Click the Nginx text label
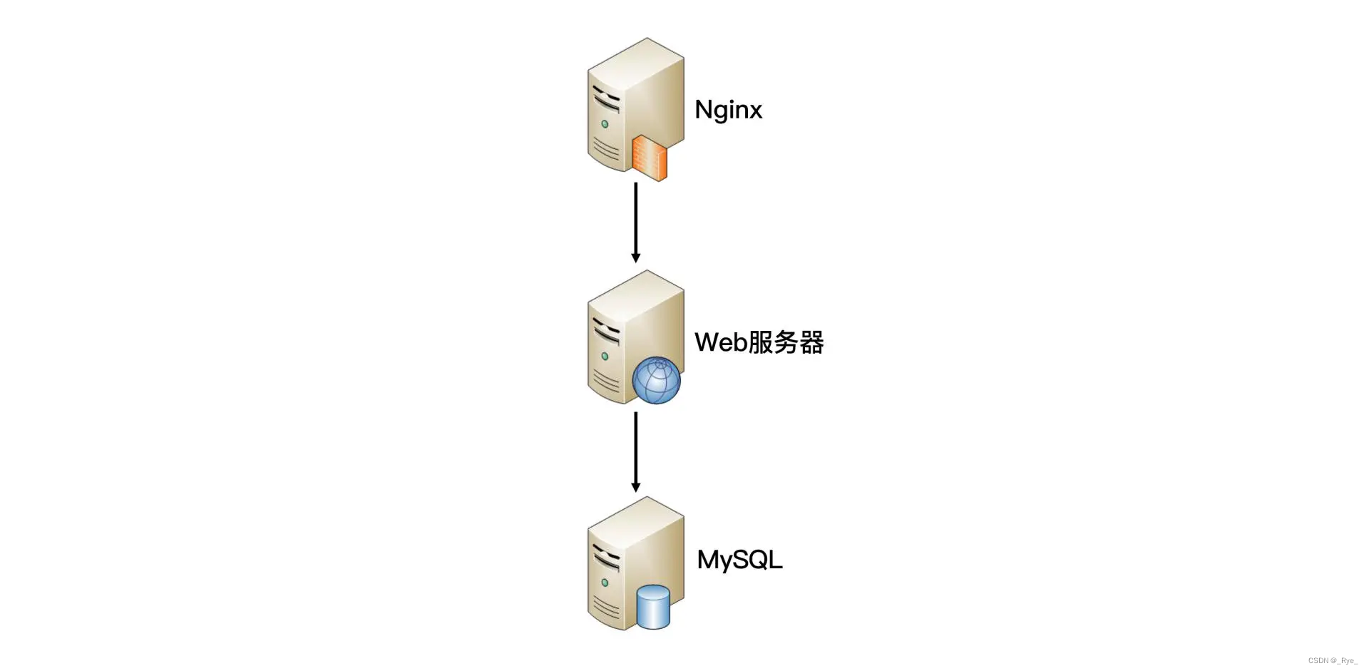pos(728,110)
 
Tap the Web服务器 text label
pos(759,342)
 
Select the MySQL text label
pos(739,560)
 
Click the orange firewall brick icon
pos(649,157)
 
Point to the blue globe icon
pos(656,380)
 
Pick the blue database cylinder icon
pos(653,607)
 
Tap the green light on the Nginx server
pos(605,124)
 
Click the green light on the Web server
pos(605,356)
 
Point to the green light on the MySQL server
pos(605,583)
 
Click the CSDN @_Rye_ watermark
pos(1332,661)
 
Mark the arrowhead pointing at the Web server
pos(635,257)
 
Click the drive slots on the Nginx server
pos(606,100)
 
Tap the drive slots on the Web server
pos(606,332)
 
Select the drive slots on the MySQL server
pos(606,558)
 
